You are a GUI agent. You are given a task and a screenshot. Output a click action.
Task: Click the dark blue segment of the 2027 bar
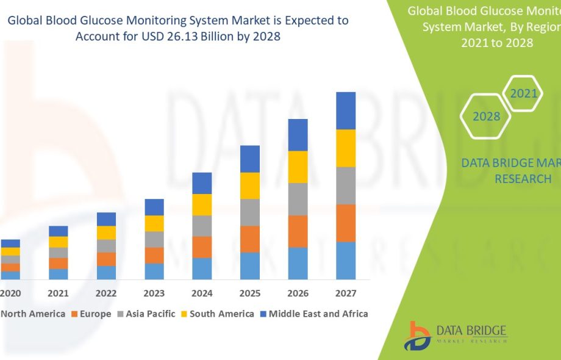pos(346,110)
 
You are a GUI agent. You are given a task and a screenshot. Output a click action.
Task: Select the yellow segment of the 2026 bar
pos(298,167)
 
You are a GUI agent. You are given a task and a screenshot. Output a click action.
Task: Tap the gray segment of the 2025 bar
pos(250,212)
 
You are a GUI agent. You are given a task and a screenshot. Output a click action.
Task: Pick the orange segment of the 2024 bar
pos(202,247)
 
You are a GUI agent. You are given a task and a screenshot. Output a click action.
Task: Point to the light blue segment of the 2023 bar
pos(154,272)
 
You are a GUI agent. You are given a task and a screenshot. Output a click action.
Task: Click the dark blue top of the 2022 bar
pos(106,219)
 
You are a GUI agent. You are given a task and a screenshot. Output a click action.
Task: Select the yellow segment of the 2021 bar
pos(59,242)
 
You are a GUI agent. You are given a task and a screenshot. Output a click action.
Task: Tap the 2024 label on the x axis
pos(202,293)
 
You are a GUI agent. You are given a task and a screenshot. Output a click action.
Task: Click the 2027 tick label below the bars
pos(346,293)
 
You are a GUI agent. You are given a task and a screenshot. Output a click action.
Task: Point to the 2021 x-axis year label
pos(59,293)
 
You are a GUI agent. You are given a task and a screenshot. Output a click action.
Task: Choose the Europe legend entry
pos(91,314)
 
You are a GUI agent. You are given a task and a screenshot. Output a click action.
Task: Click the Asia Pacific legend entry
pos(146,314)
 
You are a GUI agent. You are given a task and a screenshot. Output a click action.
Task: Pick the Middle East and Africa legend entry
pos(313,314)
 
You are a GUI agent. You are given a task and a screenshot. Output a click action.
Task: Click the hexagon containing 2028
pos(486,116)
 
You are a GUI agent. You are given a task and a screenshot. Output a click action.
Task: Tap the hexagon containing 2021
pos(524,93)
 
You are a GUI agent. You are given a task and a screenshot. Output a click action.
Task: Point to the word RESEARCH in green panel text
pos(523,179)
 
